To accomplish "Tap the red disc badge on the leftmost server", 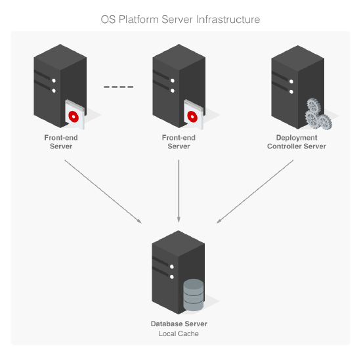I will coord(74,116).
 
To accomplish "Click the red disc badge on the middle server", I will coord(192,116).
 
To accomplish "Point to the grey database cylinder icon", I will coord(193,295).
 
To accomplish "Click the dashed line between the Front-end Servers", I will coord(118,87).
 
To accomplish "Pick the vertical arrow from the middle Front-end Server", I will coord(179,190).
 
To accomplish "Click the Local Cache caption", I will coord(179,334).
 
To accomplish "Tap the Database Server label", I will coord(179,324).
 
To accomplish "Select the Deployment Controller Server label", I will coord(297,142).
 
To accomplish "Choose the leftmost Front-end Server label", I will coord(60,142).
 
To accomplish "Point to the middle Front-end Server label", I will coord(179,142).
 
